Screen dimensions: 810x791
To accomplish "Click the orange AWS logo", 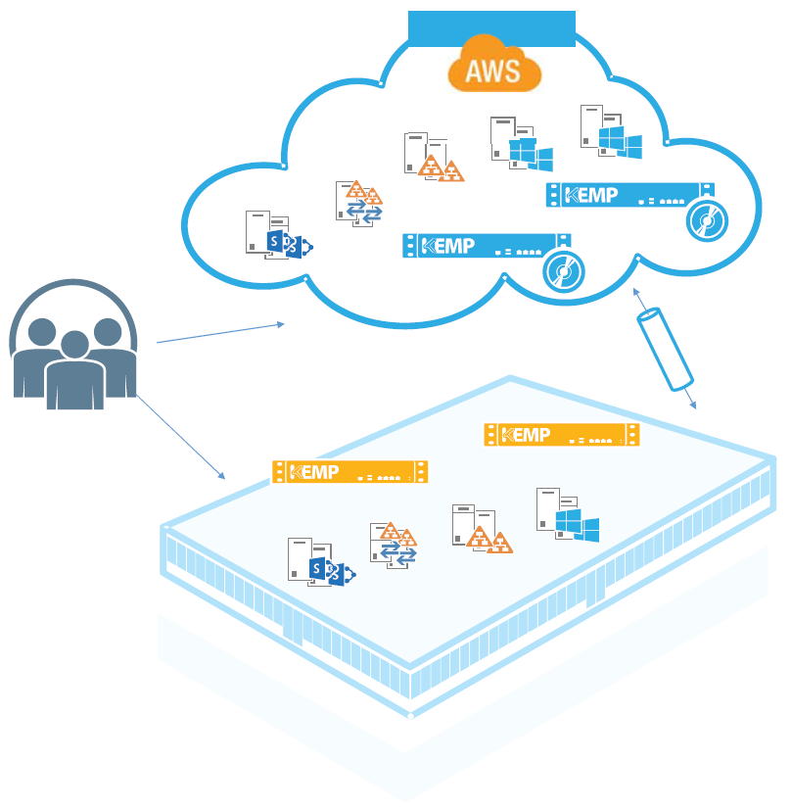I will click(x=494, y=69).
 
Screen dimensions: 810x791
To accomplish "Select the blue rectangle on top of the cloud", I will click(x=491, y=29).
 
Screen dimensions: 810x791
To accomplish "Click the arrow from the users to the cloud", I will click(x=220, y=333).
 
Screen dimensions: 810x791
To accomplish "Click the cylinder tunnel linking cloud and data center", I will click(x=666, y=348).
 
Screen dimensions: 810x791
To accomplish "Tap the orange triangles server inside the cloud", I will click(x=432, y=158).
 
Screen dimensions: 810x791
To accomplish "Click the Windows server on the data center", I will click(x=566, y=514).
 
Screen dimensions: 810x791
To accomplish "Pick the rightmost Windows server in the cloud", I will click(x=610, y=133).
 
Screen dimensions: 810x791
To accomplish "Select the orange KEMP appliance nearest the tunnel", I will click(x=561, y=434).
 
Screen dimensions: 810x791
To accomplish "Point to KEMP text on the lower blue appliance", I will click(x=447, y=245).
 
